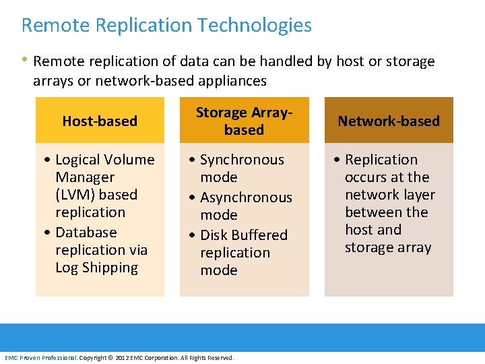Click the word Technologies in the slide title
255,26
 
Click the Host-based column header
100,121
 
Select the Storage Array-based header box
244,121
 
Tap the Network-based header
389,121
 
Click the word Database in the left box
86,233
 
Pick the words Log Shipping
96,268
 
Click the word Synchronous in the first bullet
242,160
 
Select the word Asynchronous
246,198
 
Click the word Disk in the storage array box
214,235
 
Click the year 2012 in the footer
122,358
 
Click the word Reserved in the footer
220,358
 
